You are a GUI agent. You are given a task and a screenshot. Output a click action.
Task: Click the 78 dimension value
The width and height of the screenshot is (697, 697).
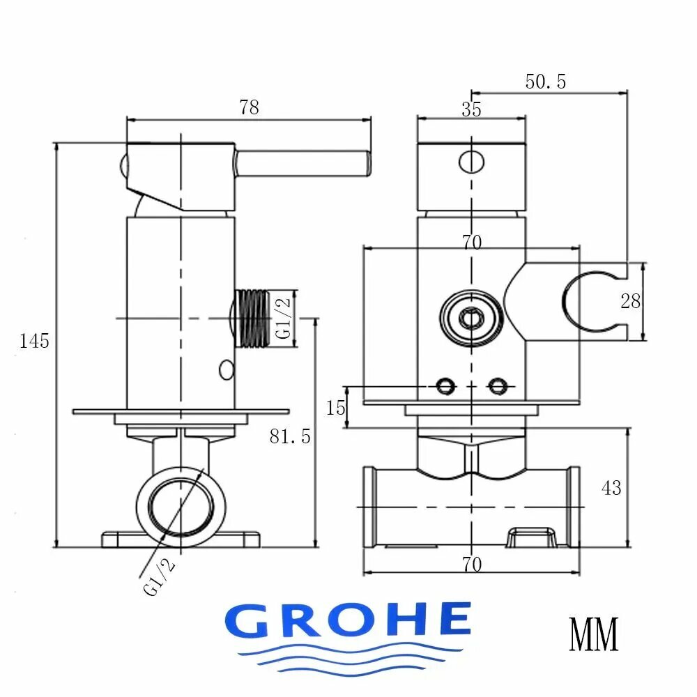pyautogui.click(x=249, y=107)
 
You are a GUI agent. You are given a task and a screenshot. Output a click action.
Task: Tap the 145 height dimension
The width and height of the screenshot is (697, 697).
pyautogui.click(x=34, y=341)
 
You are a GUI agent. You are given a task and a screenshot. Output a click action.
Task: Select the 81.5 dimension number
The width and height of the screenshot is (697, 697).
pyautogui.click(x=290, y=436)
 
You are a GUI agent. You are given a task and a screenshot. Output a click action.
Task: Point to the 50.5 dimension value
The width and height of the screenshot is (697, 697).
pyautogui.click(x=546, y=82)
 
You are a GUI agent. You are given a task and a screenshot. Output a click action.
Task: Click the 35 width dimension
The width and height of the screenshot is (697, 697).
pyautogui.click(x=471, y=109)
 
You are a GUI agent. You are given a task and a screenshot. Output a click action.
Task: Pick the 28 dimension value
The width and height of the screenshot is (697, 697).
pyautogui.click(x=630, y=301)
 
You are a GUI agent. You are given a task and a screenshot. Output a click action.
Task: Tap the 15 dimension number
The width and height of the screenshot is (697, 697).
pyautogui.click(x=335, y=408)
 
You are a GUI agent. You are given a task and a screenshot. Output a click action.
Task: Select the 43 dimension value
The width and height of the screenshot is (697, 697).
pyautogui.click(x=611, y=488)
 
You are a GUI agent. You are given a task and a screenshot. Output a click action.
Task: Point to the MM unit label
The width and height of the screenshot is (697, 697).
pyautogui.click(x=594, y=634)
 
